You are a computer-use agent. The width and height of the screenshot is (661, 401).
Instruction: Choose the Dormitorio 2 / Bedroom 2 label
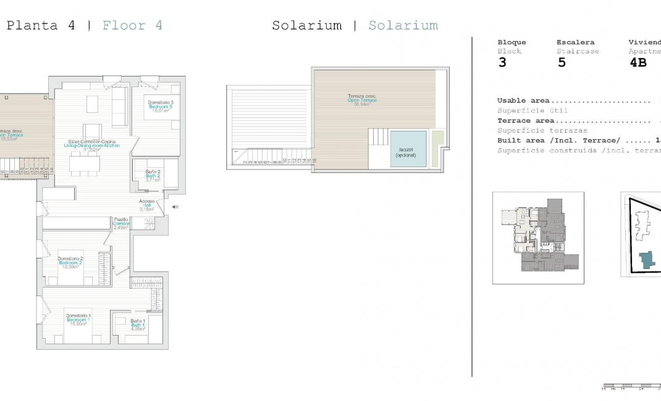(x=70, y=262)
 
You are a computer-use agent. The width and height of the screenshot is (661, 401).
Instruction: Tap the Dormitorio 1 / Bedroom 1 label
(x=79, y=320)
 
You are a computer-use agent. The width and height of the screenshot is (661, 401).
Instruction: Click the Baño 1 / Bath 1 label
(x=137, y=325)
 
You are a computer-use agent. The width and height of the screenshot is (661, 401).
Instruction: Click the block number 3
(x=502, y=63)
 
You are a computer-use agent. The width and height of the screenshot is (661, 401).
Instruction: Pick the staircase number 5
(x=561, y=63)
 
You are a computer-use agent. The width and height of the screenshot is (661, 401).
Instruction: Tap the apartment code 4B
(x=638, y=63)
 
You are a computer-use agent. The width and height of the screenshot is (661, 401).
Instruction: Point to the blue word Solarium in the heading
(x=403, y=26)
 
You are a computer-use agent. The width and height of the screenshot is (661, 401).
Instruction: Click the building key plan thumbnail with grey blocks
(x=537, y=238)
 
